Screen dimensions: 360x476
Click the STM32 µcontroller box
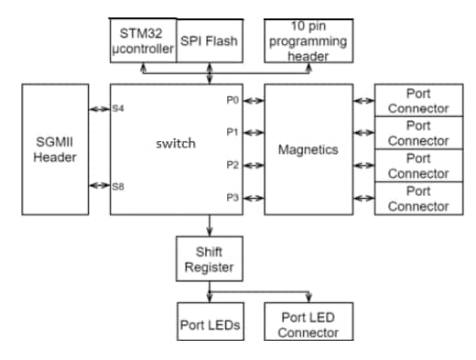pyautogui.click(x=142, y=41)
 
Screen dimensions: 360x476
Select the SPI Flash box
pyautogui.click(x=210, y=41)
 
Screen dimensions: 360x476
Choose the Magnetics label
pyautogui.click(x=308, y=148)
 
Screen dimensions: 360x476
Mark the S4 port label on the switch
pyautogui.click(x=117, y=109)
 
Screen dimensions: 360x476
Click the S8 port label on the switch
pyautogui.click(x=117, y=186)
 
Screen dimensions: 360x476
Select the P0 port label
pyautogui.click(x=233, y=100)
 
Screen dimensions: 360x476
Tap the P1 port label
pyautogui.click(x=233, y=132)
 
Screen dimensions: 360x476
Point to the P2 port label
pyautogui.click(x=233, y=165)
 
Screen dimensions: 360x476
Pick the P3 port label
pyautogui.click(x=233, y=197)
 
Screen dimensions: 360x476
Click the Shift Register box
pyautogui.click(x=211, y=258)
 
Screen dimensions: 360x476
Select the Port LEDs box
pyautogui.click(x=211, y=324)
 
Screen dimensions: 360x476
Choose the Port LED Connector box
pyautogui.click(x=308, y=324)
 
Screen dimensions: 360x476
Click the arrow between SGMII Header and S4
pyautogui.click(x=99, y=109)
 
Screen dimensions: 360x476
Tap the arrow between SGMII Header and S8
pyautogui.click(x=99, y=186)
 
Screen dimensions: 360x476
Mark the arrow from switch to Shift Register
pyautogui.click(x=211, y=225)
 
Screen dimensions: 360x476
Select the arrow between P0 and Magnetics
pyautogui.click(x=254, y=100)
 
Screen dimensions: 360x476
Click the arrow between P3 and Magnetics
pyautogui.click(x=254, y=197)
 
